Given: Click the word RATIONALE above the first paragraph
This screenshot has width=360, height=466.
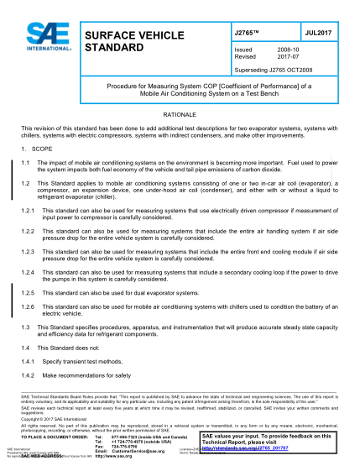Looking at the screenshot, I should (180, 112).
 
